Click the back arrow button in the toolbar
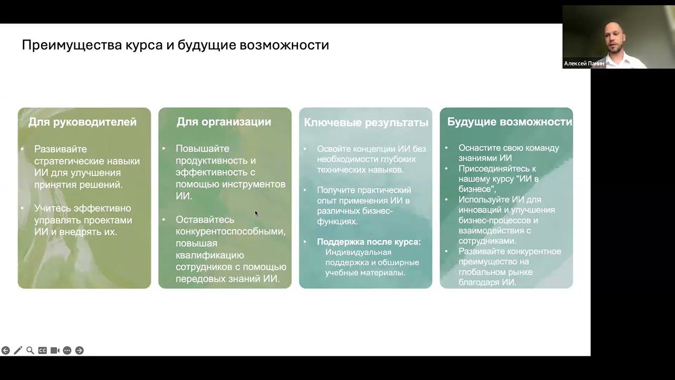[x=6, y=350]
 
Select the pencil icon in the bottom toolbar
[x=18, y=350]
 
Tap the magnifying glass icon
[x=30, y=350]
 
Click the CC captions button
[x=43, y=350]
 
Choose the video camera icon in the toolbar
[x=55, y=350]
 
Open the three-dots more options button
[x=67, y=350]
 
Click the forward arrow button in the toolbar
[x=80, y=350]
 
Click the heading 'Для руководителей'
[x=82, y=122]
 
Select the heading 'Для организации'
[x=224, y=122]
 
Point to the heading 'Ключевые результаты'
[x=366, y=122]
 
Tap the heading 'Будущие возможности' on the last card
[x=509, y=122]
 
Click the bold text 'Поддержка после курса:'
[x=369, y=242]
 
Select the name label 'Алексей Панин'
[x=584, y=63]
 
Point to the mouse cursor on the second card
[x=256, y=213]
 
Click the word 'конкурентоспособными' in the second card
[x=230, y=232]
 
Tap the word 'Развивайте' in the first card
[x=61, y=149]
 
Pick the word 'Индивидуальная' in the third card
[x=358, y=252]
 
